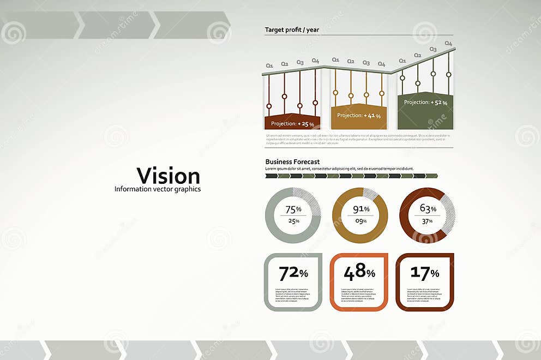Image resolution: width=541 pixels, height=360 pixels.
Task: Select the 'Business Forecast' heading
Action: [x=292, y=162]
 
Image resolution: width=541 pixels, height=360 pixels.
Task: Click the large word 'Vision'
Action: [x=168, y=176]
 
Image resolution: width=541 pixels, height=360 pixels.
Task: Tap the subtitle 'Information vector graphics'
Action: [x=158, y=189]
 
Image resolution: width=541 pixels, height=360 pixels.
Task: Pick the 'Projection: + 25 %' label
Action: [x=292, y=124]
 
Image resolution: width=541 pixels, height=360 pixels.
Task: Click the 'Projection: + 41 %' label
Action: [x=359, y=116]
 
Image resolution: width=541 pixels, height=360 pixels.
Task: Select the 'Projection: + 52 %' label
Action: [x=425, y=103]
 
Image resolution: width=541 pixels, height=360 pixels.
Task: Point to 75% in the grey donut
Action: [x=293, y=209]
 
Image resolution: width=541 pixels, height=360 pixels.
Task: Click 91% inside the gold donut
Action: [x=360, y=209]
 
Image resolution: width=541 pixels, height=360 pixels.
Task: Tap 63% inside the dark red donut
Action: [x=428, y=208]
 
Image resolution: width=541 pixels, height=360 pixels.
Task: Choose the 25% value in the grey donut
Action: [x=293, y=221]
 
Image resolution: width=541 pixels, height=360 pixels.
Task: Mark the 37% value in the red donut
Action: [x=427, y=221]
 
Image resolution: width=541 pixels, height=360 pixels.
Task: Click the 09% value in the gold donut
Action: [x=360, y=221]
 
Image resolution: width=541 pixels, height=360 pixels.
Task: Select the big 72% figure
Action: [x=293, y=273]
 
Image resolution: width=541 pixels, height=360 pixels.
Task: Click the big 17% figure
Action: [x=425, y=273]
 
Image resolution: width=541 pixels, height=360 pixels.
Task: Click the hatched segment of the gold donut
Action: [x=370, y=194]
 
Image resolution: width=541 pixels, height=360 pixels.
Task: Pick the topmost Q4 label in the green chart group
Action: [x=448, y=43]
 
